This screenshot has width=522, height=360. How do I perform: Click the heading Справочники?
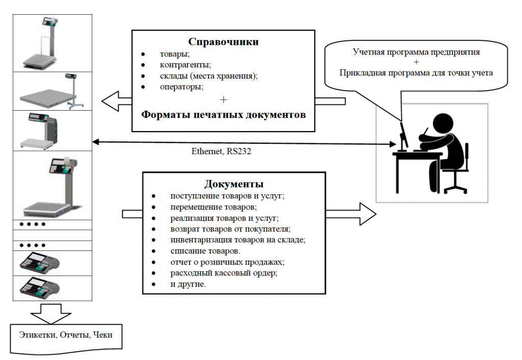coord(223,42)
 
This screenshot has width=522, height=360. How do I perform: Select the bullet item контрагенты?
coord(186,65)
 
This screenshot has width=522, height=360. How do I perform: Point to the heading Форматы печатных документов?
coord(223,114)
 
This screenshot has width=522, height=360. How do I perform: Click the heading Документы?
coord(234,184)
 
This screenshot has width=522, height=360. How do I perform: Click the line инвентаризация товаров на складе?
coord(238,240)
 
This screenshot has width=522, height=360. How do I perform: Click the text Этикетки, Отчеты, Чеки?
coord(66,335)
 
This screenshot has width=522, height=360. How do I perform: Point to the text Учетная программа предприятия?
coord(416,52)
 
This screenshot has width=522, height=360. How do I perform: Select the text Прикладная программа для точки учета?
coord(416,72)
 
